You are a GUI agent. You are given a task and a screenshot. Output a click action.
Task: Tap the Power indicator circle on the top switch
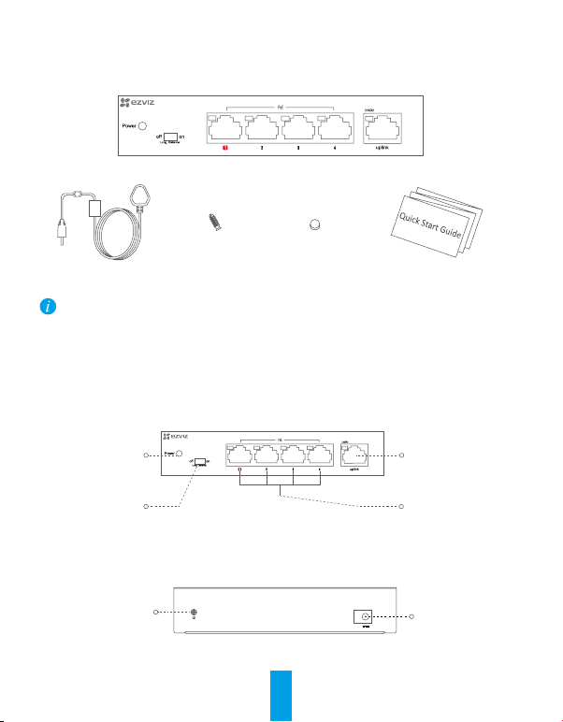pos(142,124)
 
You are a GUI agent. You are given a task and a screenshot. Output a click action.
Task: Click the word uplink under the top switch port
pos(382,149)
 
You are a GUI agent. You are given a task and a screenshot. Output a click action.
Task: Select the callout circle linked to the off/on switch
pos(145,506)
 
